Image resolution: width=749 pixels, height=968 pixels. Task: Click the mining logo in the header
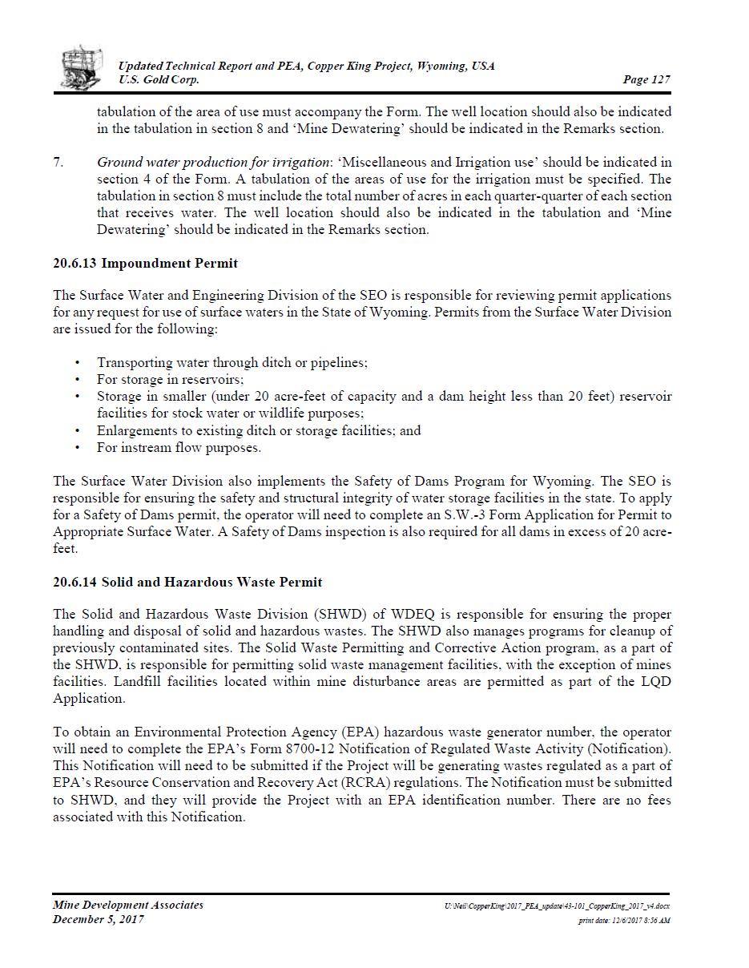[x=82, y=67]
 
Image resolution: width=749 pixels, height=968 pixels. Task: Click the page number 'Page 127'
[x=646, y=79]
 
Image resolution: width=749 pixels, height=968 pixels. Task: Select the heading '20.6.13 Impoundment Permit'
[x=145, y=263]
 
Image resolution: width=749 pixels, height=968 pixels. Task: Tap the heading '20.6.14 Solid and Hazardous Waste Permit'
[x=187, y=582]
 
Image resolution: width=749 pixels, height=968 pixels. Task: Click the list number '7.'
[x=58, y=163]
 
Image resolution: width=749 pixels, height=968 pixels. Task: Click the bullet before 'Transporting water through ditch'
[x=77, y=363]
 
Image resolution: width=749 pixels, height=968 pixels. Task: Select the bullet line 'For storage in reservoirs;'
[x=170, y=380]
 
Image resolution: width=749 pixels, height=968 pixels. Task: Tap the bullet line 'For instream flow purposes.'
[x=179, y=448]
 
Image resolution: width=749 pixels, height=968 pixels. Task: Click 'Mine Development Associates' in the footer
[x=128, y=905]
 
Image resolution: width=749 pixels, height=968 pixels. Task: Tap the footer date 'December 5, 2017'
[x=99, y=920]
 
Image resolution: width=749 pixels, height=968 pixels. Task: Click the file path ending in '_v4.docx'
[x=557, y=906]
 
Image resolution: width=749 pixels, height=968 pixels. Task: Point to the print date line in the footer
[x=624, y=921]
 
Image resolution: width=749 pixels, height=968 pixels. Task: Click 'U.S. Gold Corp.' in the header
[x=159, y=80]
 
